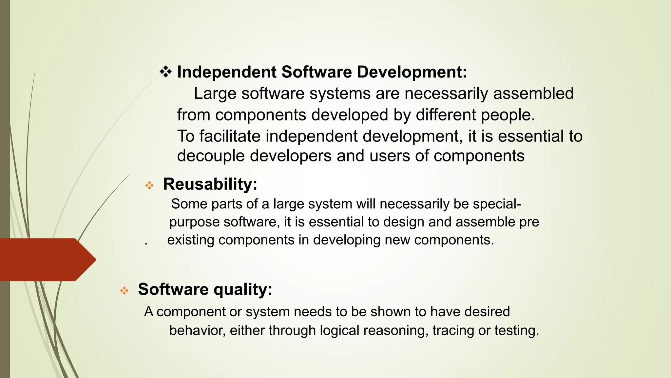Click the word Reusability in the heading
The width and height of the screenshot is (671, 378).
pyautogui.click(x=210, y=184)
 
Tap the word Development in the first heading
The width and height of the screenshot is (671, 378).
pyautogui.click(x=411, y=72)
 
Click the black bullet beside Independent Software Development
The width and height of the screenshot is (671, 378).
pyautogui.click(x=166, y=72)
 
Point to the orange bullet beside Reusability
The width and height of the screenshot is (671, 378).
pyautogui.click(x=149, y=186)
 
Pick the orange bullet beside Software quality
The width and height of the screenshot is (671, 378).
pyautogui.click(x=124, y=291)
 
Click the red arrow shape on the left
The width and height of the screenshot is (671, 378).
pyautogui.click(x=46, y=260)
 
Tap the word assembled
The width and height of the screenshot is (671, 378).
pyautogui.click(x=533, y=94)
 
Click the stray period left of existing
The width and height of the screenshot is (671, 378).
pyautogui.click(x=146, y=244)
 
